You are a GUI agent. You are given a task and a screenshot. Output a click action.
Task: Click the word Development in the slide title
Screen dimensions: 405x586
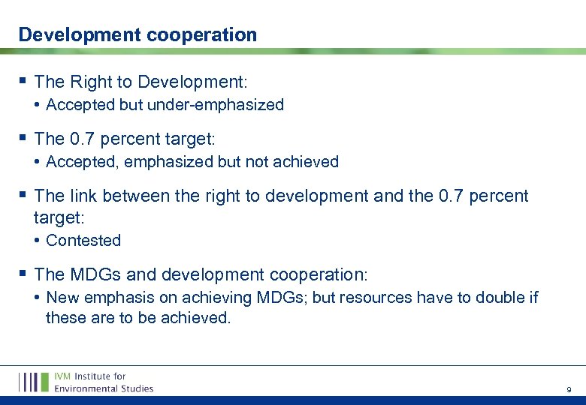coord(68,34)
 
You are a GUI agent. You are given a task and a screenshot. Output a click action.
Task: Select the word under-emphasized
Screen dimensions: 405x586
coord(216,105)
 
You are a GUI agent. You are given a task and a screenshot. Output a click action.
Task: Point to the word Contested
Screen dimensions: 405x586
coord(83,241)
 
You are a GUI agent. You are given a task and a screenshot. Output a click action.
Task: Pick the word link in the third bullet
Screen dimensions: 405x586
coord(83,196)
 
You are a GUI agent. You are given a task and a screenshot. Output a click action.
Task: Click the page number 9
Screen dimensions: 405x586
coord(568,390)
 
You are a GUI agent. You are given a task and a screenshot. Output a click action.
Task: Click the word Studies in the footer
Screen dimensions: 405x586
coord(137,388)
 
